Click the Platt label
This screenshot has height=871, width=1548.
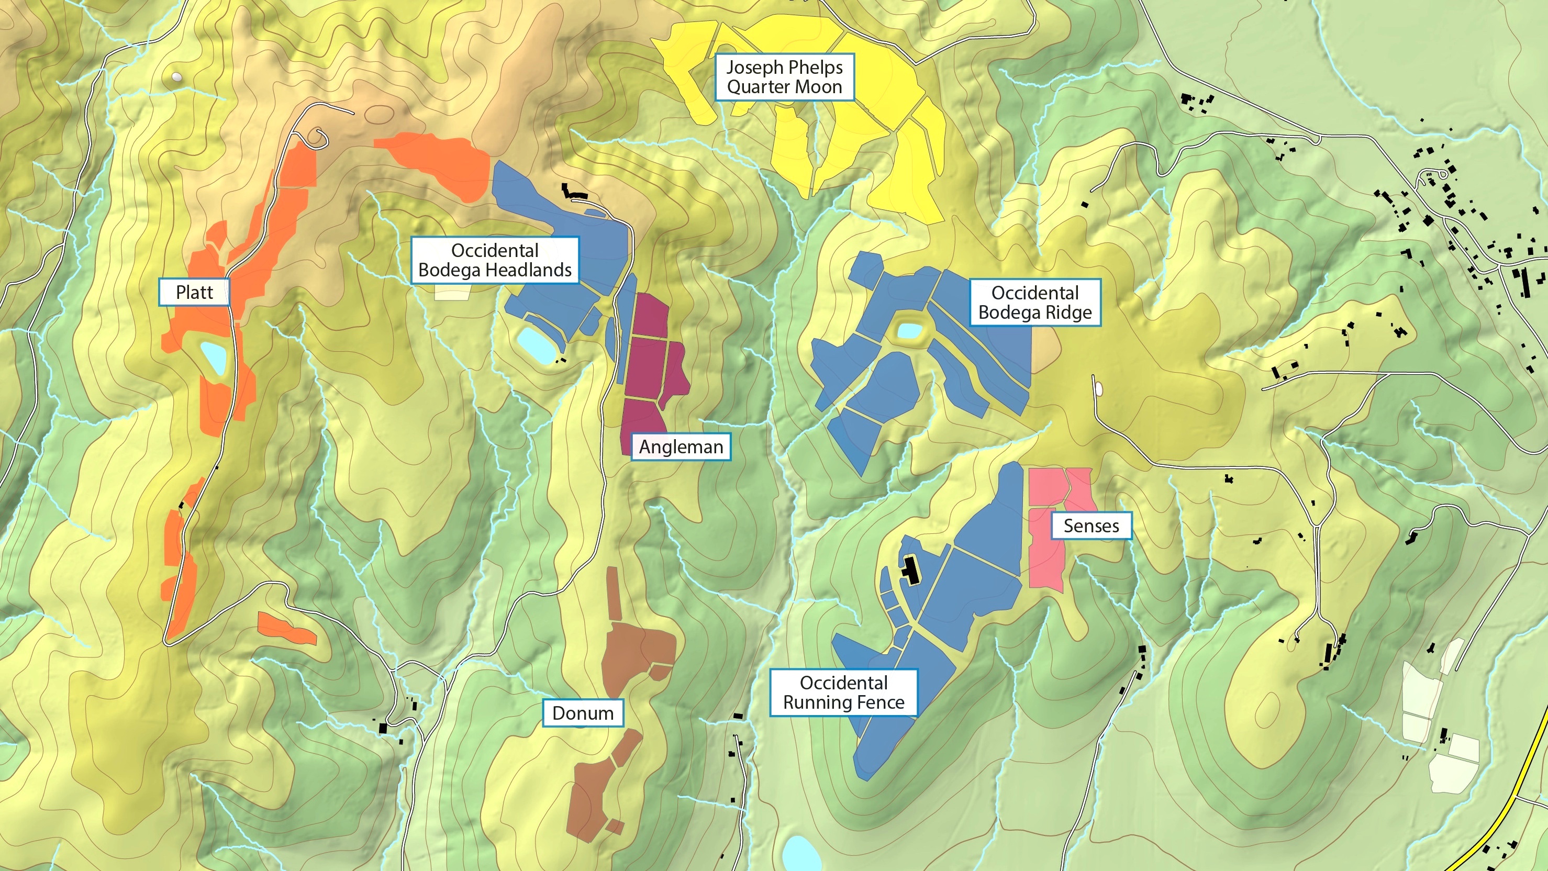point(194,292)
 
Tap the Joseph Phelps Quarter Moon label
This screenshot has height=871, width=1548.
point(784,77)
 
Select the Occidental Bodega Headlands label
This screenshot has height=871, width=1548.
point(495,260)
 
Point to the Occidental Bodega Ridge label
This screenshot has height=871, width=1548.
point(1035,302)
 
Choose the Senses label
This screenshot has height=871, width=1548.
point(1090,526)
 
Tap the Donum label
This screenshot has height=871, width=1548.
point(582,713)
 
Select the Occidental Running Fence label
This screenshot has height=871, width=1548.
point(843,693)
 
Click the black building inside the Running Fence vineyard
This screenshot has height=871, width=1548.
point(911,571)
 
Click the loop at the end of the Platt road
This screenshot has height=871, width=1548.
point(317,139)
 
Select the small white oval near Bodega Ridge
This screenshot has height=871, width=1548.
point(1098,388)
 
